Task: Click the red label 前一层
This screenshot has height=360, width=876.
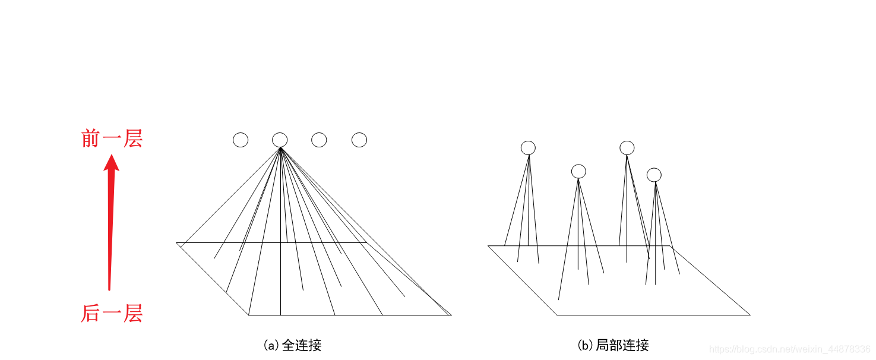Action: pos(112,139)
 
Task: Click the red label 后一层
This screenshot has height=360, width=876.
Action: pos(112,313)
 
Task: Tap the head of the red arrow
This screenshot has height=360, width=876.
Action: pos(111,162)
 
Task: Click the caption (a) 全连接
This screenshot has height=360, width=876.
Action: pos(292,345)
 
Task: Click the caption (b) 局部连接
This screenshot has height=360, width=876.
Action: pos(613,345)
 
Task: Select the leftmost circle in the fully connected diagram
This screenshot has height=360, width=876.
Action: pos(241,140)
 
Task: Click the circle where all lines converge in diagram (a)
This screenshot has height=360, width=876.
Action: pos(280,140)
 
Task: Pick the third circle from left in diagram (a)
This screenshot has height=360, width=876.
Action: pos(319,140)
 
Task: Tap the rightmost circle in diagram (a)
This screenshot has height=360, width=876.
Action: pos(359,140)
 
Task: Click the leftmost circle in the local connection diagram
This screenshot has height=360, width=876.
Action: pos(528,147)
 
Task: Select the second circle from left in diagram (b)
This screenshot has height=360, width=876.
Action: pos(578,171)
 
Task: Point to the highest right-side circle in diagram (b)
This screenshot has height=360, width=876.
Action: pos(627,147)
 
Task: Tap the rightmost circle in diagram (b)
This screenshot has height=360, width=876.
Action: pos(654,175)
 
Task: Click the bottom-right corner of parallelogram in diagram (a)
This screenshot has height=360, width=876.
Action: pos(451,315)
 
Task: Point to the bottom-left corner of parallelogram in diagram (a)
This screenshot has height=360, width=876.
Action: pos(249,315)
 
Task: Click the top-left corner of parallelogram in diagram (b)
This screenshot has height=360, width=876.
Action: pos(488,246)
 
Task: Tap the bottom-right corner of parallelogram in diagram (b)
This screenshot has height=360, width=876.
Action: pos(750,315)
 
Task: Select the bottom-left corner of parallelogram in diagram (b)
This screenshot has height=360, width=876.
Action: pos(557,315)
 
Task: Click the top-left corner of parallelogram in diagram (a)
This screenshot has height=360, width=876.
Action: pos(176,242)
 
